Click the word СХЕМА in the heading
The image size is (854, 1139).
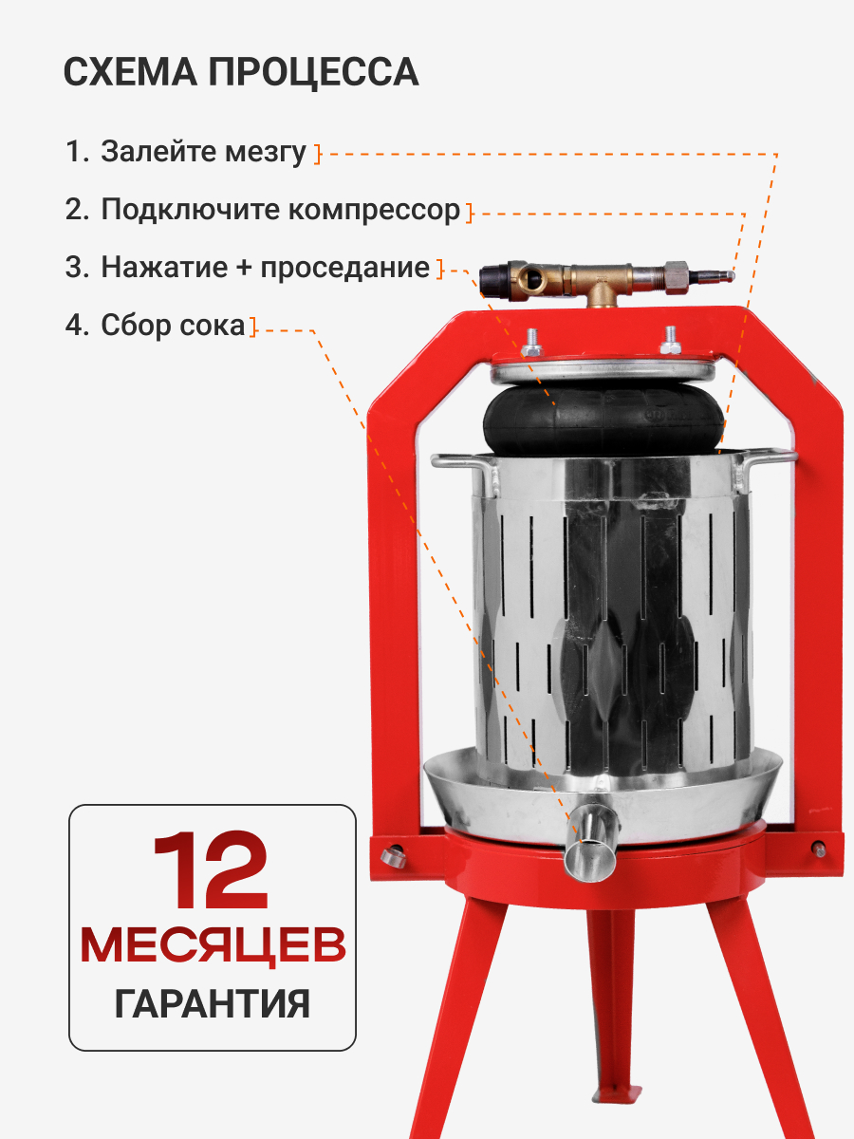(x=130, y=71)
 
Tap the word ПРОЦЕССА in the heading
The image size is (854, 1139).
(x=314, y=73)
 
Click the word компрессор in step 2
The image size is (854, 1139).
(x=373, y=210)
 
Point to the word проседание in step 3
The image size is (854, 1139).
(x=344, y=268)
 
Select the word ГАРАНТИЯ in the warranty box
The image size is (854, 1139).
(x=212, y=1004)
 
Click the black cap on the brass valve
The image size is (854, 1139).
(x=495, y=281)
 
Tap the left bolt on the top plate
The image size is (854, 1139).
(x=531, y=343)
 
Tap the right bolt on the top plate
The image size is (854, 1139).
(x=671, y=341)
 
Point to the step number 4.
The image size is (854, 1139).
(x=73, y=326)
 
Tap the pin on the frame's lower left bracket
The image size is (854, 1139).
(x=393, y=857)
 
